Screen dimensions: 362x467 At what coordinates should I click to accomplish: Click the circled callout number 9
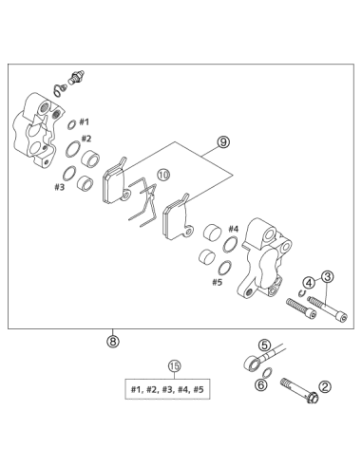(x=223, y=142)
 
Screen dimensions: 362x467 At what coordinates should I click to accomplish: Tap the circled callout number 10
(x=163, y=175)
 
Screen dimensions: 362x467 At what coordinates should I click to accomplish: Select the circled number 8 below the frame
(x=113, y=341)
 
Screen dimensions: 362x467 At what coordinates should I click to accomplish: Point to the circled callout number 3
(x=328, y=277)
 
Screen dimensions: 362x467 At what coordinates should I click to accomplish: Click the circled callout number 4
(x=309, y=282)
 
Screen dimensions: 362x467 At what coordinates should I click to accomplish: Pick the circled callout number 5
(x=265, y=346)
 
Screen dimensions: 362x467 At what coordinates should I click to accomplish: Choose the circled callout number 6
(x=261, y=384)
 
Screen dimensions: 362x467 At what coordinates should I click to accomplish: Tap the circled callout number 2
(x=325, y=386)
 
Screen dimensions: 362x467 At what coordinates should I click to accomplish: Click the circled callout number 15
(x=174, y=366)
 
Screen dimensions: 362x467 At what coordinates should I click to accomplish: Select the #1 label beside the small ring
(x=84, y=121)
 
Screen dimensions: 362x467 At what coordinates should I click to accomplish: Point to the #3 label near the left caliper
(x=59, y=187)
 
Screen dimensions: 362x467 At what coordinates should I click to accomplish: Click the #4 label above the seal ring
(x=234, y=229)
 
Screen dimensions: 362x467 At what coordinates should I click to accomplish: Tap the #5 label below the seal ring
(x=218, y=282)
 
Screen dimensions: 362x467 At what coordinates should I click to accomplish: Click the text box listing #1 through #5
(x=167, y=389)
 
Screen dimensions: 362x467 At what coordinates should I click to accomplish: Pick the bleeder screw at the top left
(x=76, y=77)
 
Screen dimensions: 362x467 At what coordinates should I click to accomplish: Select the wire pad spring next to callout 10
(x=143, y=202)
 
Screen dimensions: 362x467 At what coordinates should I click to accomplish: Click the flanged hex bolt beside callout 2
(x=299, y=391)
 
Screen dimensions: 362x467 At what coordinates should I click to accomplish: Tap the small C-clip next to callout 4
(x=302, y=293)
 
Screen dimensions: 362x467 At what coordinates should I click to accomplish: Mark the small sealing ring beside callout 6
(x=268, y=373)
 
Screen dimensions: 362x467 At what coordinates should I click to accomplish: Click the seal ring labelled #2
(x=73, y=149)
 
